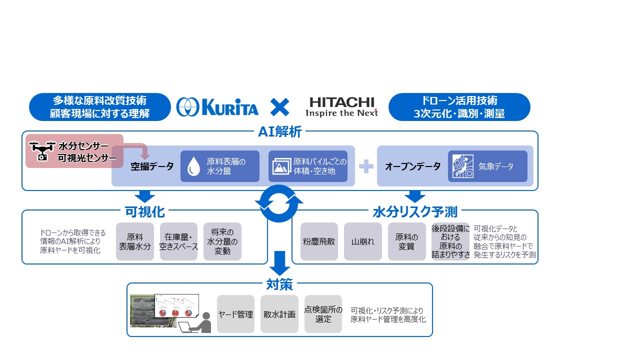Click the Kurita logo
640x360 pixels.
click(x=217, y=107)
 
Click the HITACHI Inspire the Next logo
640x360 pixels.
click(x=341, y=107)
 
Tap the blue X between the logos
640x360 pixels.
click(x=279, y=107)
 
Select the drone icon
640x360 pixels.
click(x=42, y=151)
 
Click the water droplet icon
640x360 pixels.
click(x=193, y=166)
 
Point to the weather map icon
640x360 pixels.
click(x=462, y=166)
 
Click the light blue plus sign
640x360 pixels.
click(x=366, y=166)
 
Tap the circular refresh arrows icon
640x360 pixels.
click(x=279, y=203)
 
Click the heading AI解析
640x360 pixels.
click(x=279, y=132)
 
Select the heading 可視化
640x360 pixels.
click(x=145, y=211)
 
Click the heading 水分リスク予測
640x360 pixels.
click(x=415, y=211)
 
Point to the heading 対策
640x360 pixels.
click(x=279, y=284)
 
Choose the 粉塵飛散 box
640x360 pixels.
click(x=319, y=241)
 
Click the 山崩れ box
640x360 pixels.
click(x=363, y=241)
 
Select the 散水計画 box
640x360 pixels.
click(x=279, y=314)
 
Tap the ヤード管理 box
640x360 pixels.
click(x=235, y=314)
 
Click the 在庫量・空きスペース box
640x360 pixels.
click(x=178, y=241)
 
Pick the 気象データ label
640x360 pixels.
click(x=495, y=166)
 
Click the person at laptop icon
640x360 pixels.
click(x=195, y=322)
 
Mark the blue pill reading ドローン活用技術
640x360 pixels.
click(x=459, y=107)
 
